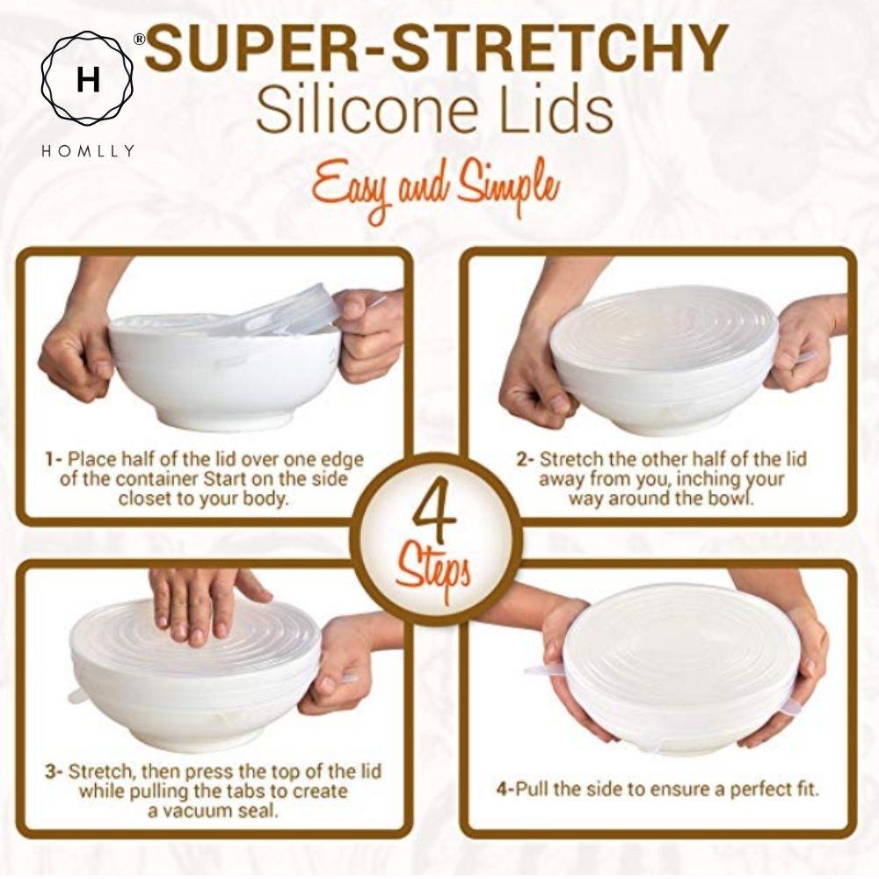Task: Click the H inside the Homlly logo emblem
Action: coord(88,80)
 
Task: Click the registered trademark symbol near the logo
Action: coord(139,40)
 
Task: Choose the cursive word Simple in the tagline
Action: coord(509,188)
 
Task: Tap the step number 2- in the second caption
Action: coord(525,459)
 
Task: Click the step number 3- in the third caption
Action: coord(54,772)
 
